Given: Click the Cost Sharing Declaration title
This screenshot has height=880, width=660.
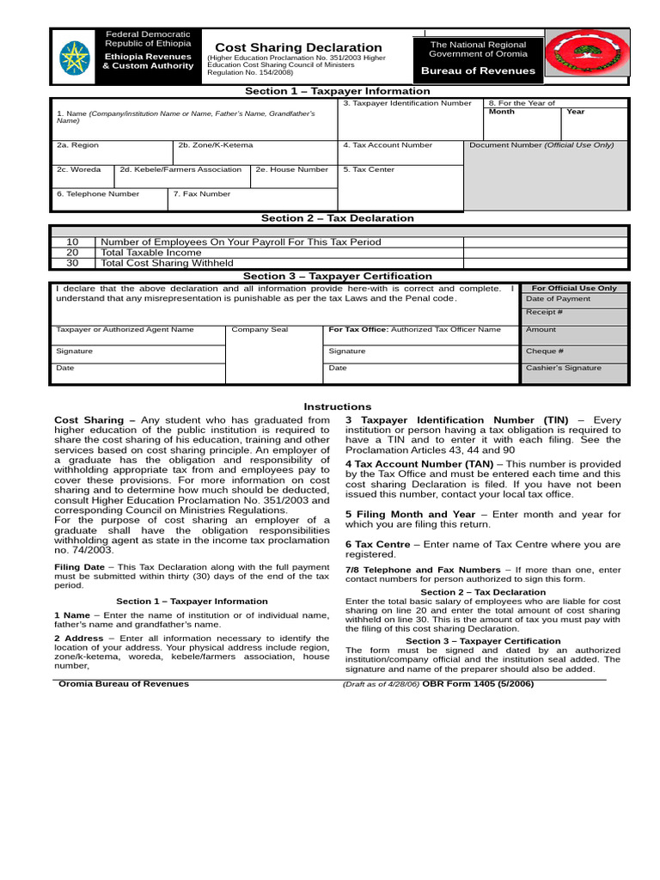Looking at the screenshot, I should coord(298,47).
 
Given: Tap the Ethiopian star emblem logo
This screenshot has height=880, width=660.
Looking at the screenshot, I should coord(75,57).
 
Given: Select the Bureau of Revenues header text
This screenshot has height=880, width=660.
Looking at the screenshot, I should coord(482,71).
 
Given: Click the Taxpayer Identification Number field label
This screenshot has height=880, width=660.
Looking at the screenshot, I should coord(406,103).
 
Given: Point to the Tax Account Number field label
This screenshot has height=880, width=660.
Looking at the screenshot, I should coord(388,145).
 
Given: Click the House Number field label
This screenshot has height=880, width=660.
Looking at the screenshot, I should coord(291,169).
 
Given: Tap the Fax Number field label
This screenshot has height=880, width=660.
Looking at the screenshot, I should coord(202,194).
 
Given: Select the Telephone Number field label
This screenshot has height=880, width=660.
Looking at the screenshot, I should coord(98,194).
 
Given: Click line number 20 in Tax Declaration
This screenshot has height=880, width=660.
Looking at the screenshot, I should coord(72,253).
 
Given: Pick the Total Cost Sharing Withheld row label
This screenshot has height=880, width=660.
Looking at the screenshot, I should coord(167,263).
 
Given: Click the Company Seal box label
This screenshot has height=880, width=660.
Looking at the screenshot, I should coord(260,329).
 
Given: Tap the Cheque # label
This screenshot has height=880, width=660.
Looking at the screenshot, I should coord(545,351).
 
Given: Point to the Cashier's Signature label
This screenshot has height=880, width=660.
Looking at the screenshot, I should coord(564,368).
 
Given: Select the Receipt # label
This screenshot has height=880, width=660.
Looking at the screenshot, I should coord(544,312).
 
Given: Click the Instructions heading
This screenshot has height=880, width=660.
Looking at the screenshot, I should coord(338,406).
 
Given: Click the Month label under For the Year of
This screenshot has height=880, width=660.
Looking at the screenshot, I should coord(502,112).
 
